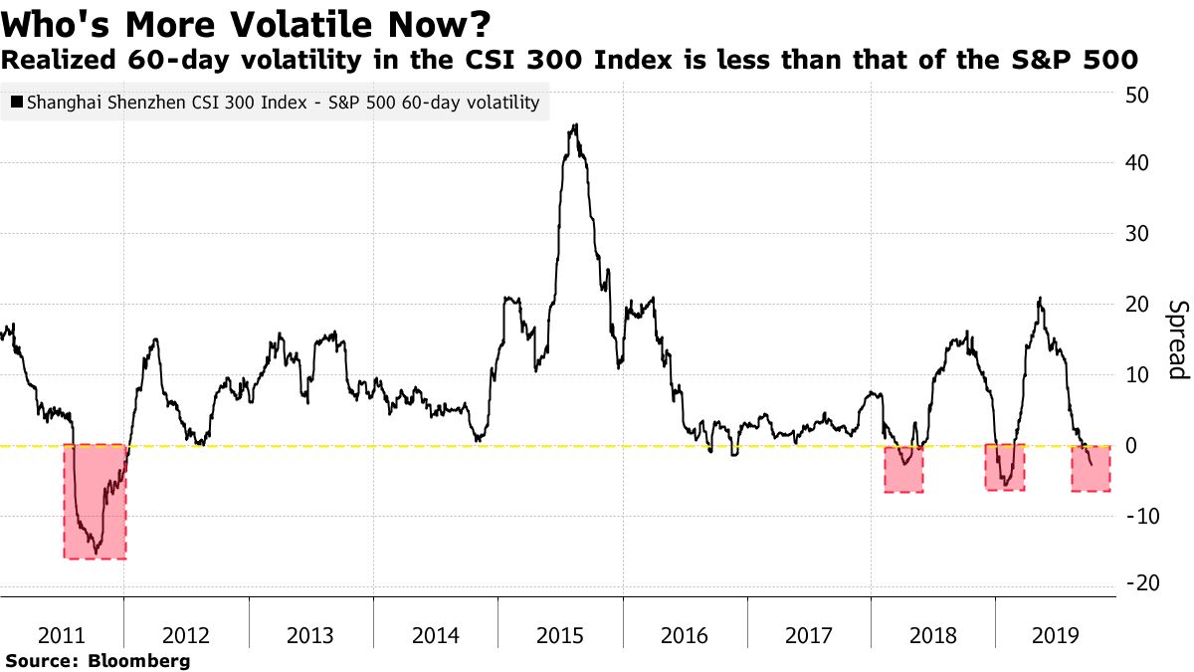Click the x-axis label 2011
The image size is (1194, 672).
(62, 635)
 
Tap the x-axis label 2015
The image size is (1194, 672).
(560, 635)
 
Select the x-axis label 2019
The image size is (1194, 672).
(1055, 635)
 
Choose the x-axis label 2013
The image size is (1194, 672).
(310, 635)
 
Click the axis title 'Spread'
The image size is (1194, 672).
(1177, 339)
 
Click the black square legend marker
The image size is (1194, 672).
(16, 103)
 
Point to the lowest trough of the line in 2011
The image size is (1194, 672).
(96, 553)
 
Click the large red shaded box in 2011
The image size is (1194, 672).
(95, 501)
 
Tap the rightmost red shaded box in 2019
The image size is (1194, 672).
(1091, 468)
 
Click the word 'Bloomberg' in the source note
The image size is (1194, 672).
(139, 660)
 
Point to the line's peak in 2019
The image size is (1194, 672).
(1040, 298)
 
